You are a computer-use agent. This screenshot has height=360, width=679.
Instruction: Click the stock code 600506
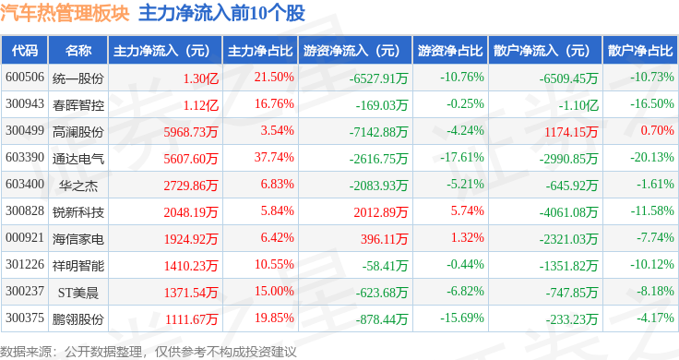(25, 78)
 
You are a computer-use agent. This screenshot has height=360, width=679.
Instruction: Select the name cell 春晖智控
(78, 105)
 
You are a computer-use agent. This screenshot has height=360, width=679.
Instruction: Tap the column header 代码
(25, 51)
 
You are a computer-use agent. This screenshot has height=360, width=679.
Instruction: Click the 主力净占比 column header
(260, 51)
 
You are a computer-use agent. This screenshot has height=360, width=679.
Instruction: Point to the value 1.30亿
(200, 78)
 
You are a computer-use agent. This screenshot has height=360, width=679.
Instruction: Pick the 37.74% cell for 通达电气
(274, 157)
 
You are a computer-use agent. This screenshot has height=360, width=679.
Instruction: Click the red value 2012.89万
(381, 212)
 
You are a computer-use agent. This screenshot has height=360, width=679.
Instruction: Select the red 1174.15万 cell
(571, 132)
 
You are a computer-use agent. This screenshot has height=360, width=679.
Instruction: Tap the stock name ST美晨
(78, 293)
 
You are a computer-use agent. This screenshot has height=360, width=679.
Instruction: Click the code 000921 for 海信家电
(25, 238)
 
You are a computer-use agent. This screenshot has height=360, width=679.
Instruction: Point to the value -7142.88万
(379, 132)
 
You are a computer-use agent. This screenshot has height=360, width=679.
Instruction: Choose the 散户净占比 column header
(640, 51)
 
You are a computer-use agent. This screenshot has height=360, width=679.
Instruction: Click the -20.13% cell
(651, 157)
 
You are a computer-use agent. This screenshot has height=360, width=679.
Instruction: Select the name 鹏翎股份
(78, 319)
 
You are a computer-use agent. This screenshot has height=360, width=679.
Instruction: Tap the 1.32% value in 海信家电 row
(467, 238)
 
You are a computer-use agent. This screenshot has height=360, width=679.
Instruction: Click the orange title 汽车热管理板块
(65, 13)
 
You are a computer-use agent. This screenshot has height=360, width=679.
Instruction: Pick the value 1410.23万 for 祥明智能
(191, 266)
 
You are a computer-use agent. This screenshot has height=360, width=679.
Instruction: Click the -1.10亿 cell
(578, 105)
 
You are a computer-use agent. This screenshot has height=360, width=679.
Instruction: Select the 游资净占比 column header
(450, 51)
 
